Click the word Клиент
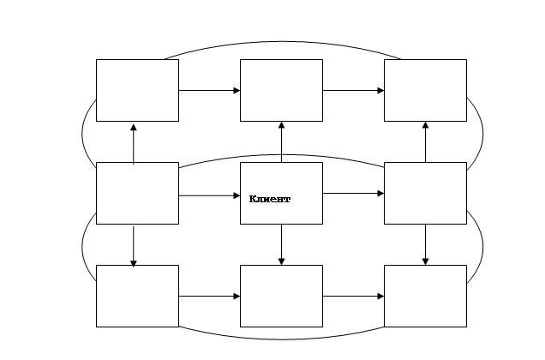pyautogui.click(x=270, y=199)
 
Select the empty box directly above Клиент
pyautogui.click(x=281, y=91)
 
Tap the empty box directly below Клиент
pyautogui.click(x=281, y=296)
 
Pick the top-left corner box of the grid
pyautogui.click(x=137, y=91)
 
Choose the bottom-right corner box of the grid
pyautogui.click(x=425, y=296)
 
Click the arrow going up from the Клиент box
pyautogui.click(x=282, y=142)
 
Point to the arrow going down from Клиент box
pyautogui.click(x=282, y=244)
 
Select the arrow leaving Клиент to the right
pyautogui.click(x=353, y=193)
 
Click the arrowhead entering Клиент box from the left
pyautogui.click(x=237, y=195)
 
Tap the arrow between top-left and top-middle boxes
pyautogui.click(x=209, y=91)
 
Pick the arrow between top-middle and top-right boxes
pyautogui.click(x=353, y=91)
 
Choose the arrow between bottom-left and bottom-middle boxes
pyautogui.click(x=209, y=297)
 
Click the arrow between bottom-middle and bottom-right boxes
pyautogui.click(x=353, y=297)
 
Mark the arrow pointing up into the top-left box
pyautogui.click(x=134, y=144)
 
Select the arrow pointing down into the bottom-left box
pyautogui.click(x=134, y=247)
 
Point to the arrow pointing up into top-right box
pyautogui.click(x=425, y=142)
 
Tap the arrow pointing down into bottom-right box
pyautogui.click(x=425, y=244)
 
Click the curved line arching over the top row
pyautogui.click(x=282, y=42)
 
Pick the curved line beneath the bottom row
pyautogui.click(x=282, y=339)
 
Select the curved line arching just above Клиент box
pyautogui.click(x=282, y=155)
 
